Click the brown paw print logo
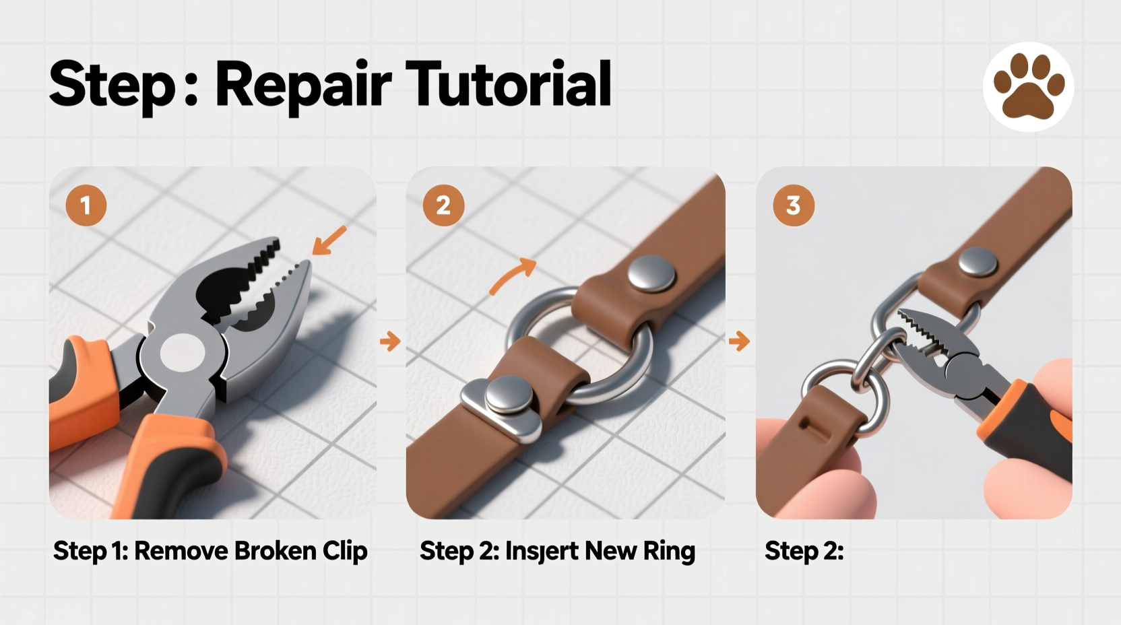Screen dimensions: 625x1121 pyautogui.click(x=1029, y=86)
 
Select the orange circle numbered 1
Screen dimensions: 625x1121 pyautogui.click(x=86, y=205)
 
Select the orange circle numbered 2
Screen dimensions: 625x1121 pyautogui.click(x=443, y=205)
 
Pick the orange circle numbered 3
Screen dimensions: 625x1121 pyautogui.click(x=793, y=205)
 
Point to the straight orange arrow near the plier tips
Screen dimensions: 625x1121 pyautogui.click(x=329, y=241)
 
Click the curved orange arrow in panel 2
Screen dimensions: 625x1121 pyautogui.click(x=513, y=276)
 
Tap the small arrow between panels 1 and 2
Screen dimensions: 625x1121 pyautogui.click(x=390, y=341)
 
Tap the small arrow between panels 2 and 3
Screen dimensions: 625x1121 pyautogui.click(x=739, y=341)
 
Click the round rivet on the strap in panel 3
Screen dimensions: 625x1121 pyautogui.click(x=978, y=262)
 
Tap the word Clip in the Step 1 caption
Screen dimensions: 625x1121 pyautogui.click(x=344, y=551)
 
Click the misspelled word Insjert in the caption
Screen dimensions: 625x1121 pyautogui.click(x=541, y=551)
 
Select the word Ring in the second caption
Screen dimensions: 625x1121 pyautogui.click(x=668, y=551)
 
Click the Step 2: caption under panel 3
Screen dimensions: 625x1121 pyautogui.click(x=804, y=551)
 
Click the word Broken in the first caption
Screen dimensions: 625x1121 pyautogui.click(x=275, y=551)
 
